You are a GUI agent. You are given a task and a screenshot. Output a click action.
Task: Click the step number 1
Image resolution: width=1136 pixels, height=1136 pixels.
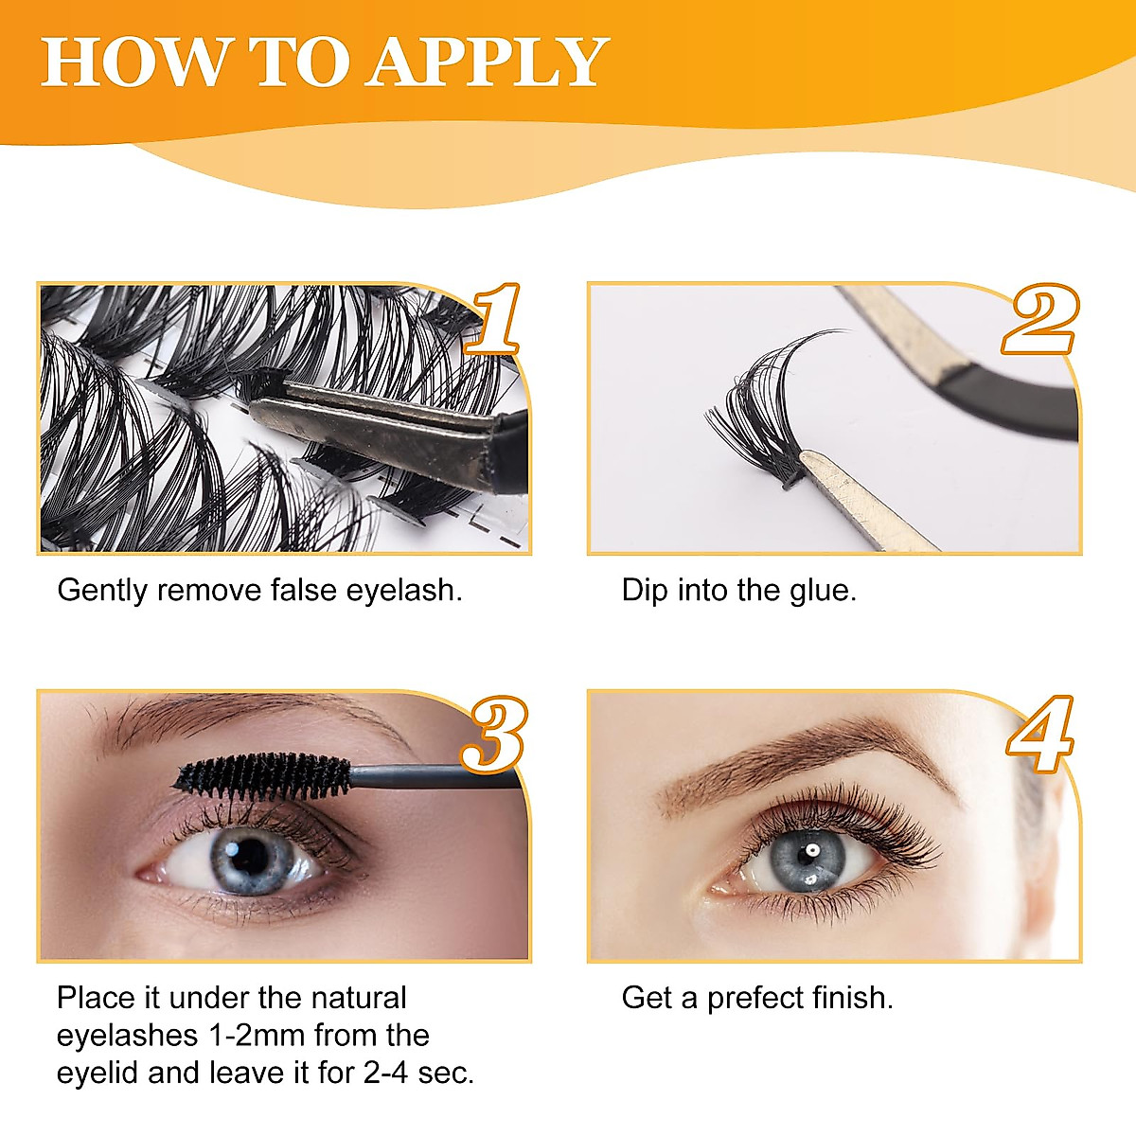tap(494, 319)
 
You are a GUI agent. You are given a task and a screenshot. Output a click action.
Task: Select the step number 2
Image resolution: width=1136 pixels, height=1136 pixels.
tap(1039, 320)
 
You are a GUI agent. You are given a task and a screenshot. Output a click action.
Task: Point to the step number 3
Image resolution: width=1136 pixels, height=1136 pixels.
tap(492, 734)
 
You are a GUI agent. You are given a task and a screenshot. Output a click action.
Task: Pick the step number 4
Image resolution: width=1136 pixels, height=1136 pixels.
tap(1039, 734)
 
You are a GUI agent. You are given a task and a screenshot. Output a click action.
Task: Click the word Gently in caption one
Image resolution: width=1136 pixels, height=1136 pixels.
tap(103, 591)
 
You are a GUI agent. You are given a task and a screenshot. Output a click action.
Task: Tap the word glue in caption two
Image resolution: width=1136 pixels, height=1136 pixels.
tap(820, 591)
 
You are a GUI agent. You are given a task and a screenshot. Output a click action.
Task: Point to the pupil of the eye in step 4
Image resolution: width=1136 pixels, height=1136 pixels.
tap(809, 854)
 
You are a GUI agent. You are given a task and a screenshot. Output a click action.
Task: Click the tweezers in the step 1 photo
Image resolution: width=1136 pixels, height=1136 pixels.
tap(379, 426)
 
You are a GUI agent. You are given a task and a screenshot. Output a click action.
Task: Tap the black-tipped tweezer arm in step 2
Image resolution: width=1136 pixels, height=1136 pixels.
tap(1013, 398)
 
